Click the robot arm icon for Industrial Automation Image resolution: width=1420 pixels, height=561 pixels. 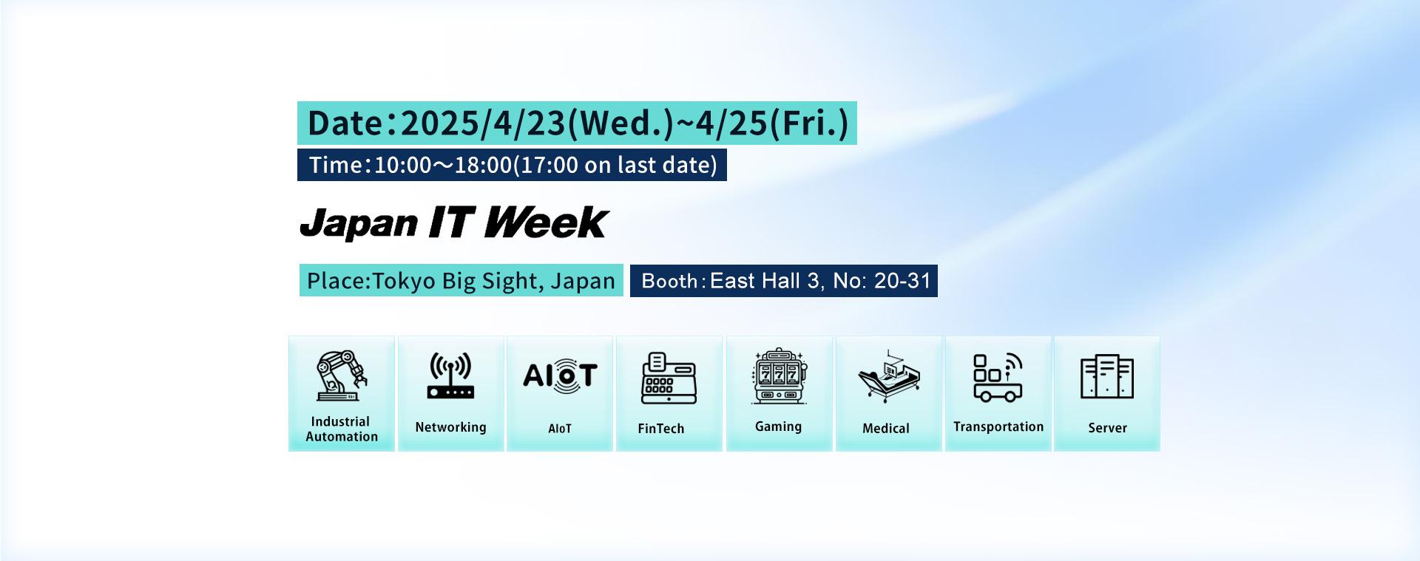click(x=342, y=375)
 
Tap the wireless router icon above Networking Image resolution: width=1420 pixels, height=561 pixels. click(x=450, y=375)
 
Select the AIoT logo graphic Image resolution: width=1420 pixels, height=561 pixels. click(x=560, y=375)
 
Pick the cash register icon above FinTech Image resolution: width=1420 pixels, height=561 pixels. click(x=669, y=378)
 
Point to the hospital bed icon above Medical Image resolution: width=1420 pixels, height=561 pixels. click(x=888, y=377)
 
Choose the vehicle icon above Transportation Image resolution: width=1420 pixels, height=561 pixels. click(x=998, y=377)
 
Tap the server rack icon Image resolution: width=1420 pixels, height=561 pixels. click(x=1106, y=377)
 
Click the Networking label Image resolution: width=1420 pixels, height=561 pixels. click(x=450, y=427)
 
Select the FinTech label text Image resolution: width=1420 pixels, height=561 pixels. click(x=661, y=429)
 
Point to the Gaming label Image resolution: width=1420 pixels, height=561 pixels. click(x=778, y=427)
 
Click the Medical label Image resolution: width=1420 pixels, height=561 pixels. click(x=886, y=429)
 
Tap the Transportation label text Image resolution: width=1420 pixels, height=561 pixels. click(x=998, y=427)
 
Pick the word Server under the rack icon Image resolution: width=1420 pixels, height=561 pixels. click(x=1107, y=428)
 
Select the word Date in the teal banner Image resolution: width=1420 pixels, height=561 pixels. click(x=345, y=123)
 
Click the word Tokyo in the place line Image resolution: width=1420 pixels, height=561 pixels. click(x=403, y=282)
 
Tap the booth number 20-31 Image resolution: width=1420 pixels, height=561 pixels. click(x=902, y=281)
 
